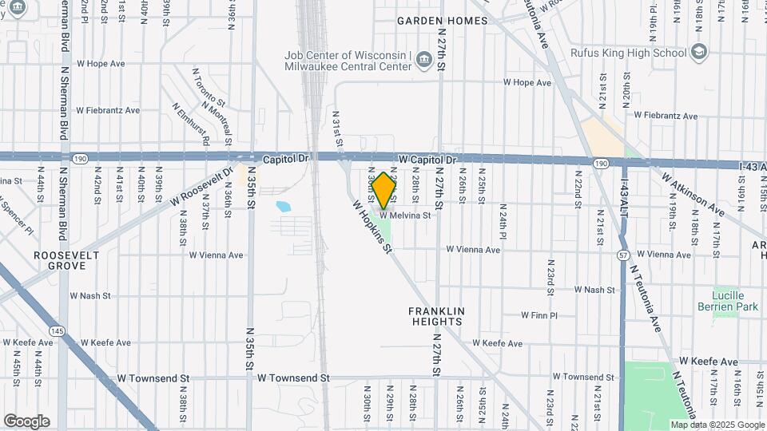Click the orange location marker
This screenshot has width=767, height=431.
(383, 190)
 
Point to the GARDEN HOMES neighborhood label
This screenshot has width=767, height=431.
(443, 21)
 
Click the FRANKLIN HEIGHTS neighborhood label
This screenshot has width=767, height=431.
(435, 315)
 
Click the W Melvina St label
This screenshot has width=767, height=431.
(405, 215)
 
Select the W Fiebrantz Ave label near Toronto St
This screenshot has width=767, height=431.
(107, 110)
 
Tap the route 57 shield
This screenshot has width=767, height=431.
(622, 254)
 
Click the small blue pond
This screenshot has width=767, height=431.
(284, 207)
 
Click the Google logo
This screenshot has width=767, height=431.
(26, 421)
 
